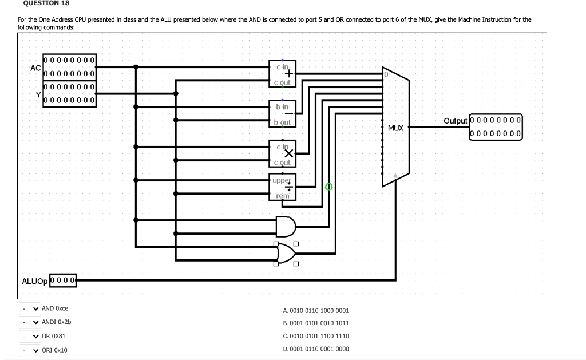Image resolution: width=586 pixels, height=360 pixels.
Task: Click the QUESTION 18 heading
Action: click(x=46, y=3)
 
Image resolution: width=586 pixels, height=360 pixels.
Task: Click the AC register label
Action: click(x=35, y=68)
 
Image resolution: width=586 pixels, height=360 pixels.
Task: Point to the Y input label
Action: click(x=38, y=94)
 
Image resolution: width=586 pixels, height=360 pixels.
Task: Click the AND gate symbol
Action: click(x=285, y=226)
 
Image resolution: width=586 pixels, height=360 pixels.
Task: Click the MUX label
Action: click(x=395, y=128)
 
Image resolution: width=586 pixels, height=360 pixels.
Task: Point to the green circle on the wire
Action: click(x=328, y=187)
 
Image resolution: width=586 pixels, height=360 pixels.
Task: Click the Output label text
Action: click(x=455, y=121)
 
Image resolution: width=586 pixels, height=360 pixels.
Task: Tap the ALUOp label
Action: click(x=35, y=281)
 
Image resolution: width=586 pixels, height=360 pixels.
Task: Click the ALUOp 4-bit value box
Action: click(x=64, y=280)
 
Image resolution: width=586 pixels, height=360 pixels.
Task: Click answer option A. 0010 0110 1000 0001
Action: click(x=316, y=311)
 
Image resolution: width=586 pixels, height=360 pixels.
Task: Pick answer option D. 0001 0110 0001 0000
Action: click(x=316, y=349)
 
